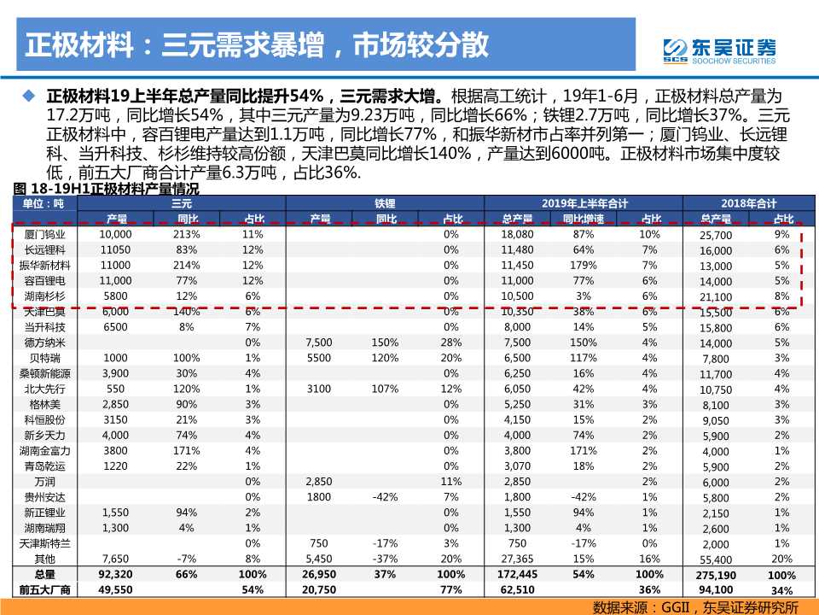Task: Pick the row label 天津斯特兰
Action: (44, 543)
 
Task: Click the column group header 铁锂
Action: (385, 203)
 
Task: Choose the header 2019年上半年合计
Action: (584, 203)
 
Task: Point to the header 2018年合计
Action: (748, 203)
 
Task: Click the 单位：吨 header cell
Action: (43, 203)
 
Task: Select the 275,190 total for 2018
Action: (715, 576)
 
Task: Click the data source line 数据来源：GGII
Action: (695, 606)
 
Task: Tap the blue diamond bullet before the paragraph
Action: (31, 95)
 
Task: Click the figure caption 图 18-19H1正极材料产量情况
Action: (107, 189)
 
